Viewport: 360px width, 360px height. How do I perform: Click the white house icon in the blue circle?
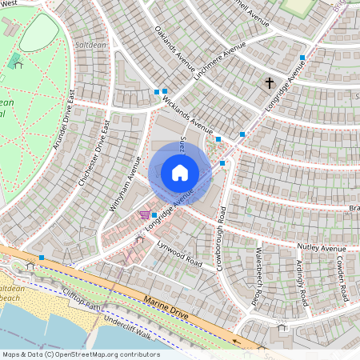(180, 173)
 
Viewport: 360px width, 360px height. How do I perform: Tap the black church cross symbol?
(270, 82)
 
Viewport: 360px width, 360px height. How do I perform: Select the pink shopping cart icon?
(145, 214)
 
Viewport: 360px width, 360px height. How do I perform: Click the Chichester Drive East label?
(94, 154)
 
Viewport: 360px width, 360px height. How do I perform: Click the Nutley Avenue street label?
(321, 249)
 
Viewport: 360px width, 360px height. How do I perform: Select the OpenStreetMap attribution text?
(80, 354)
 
